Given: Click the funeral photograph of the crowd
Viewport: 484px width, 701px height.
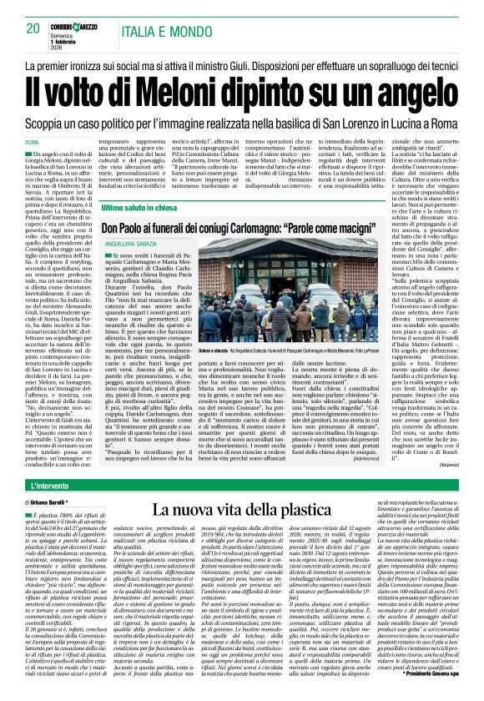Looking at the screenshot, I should (x=279, y=283).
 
